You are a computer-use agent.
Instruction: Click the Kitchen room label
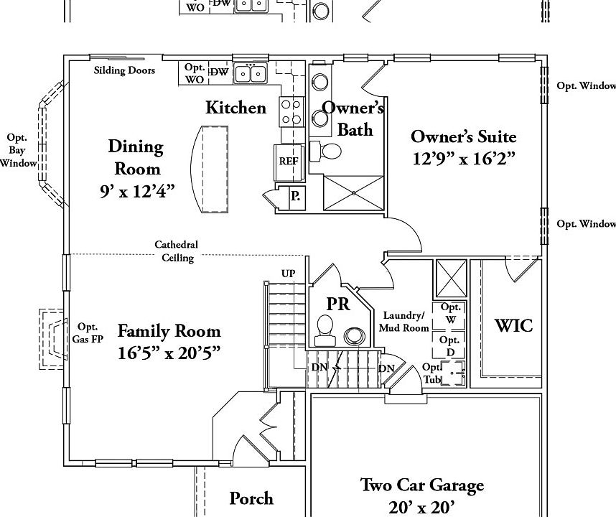coord(235,108)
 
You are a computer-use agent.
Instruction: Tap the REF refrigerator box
coord(288,161)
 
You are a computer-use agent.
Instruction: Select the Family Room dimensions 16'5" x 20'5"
coord(169,353)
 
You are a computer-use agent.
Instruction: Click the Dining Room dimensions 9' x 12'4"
coord(136,191)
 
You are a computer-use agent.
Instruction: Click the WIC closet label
coord(514,325)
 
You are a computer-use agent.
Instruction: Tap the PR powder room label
coord(338,304)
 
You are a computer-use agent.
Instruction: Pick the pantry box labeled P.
coord(296,197)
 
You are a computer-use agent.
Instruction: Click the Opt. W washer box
coord(449,313)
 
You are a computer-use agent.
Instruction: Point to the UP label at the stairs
coord(288,274)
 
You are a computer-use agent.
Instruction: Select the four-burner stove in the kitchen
coord(291,112)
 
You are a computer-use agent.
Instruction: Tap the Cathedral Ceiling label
coord(176,251)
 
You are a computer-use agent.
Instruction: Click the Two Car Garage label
coord(421,486)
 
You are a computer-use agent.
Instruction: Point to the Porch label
coord(251,498)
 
